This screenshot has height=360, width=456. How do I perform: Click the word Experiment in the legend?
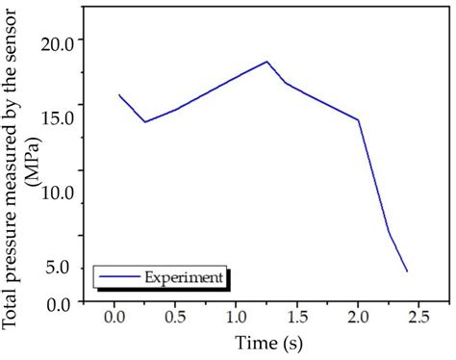pyautogui.click(x=184, y=277)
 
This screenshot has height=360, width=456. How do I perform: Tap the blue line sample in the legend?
pyautogui.click(x=119, y=277)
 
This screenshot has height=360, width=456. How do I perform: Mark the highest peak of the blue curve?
pyautogui.click(x=266, y=62)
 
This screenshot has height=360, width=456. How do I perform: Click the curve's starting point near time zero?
pyautogui.click(x=119, y=94)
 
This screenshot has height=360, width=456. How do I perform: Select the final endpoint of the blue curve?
pyautogui.click(x=407, y=271)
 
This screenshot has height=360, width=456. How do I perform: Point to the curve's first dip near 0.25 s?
pyautogui.click(x=145, y=122)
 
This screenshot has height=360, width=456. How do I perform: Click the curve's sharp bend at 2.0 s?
pyautogui.click(x=358, y=120)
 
